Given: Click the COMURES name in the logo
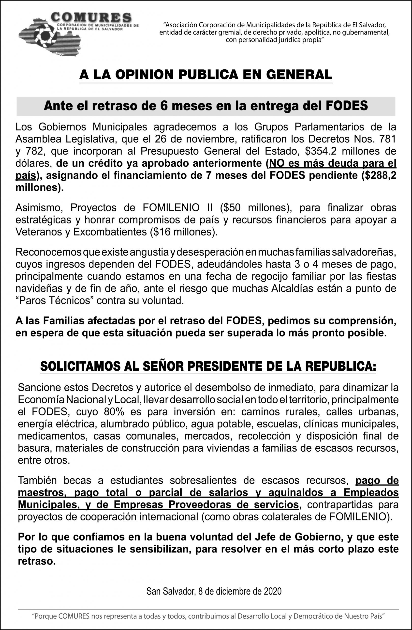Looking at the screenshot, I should [x=91, y=17].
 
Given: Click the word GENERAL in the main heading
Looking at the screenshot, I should [x=299, y=75].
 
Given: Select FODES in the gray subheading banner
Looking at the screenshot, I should [x=346, y=106].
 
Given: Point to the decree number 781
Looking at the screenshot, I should [x=387, y=139].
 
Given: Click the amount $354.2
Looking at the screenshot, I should [x=322, y=151].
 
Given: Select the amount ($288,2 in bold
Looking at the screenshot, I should [x=379, y=175].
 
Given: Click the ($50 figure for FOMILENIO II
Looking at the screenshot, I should [x=230, y=208].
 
